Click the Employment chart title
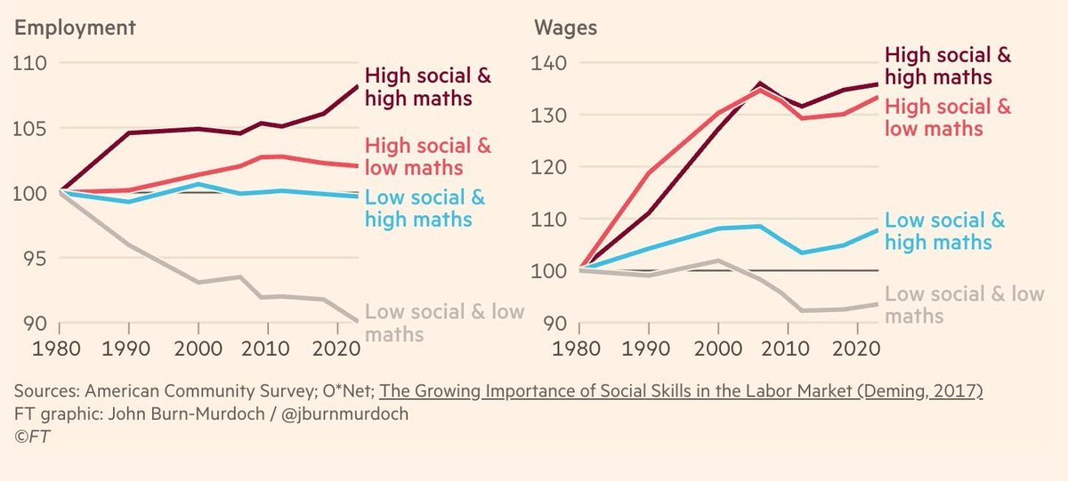(x=76, y=28)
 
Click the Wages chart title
(x=565, y=28)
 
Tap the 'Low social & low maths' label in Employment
(x=445, y=323)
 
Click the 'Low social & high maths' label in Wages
(x=945, y=231)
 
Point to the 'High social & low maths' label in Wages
(x=949, y=117)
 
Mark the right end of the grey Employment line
(x=358, y=321)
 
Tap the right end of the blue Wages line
(x=878, y=230)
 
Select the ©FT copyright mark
(x=31, y=437)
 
